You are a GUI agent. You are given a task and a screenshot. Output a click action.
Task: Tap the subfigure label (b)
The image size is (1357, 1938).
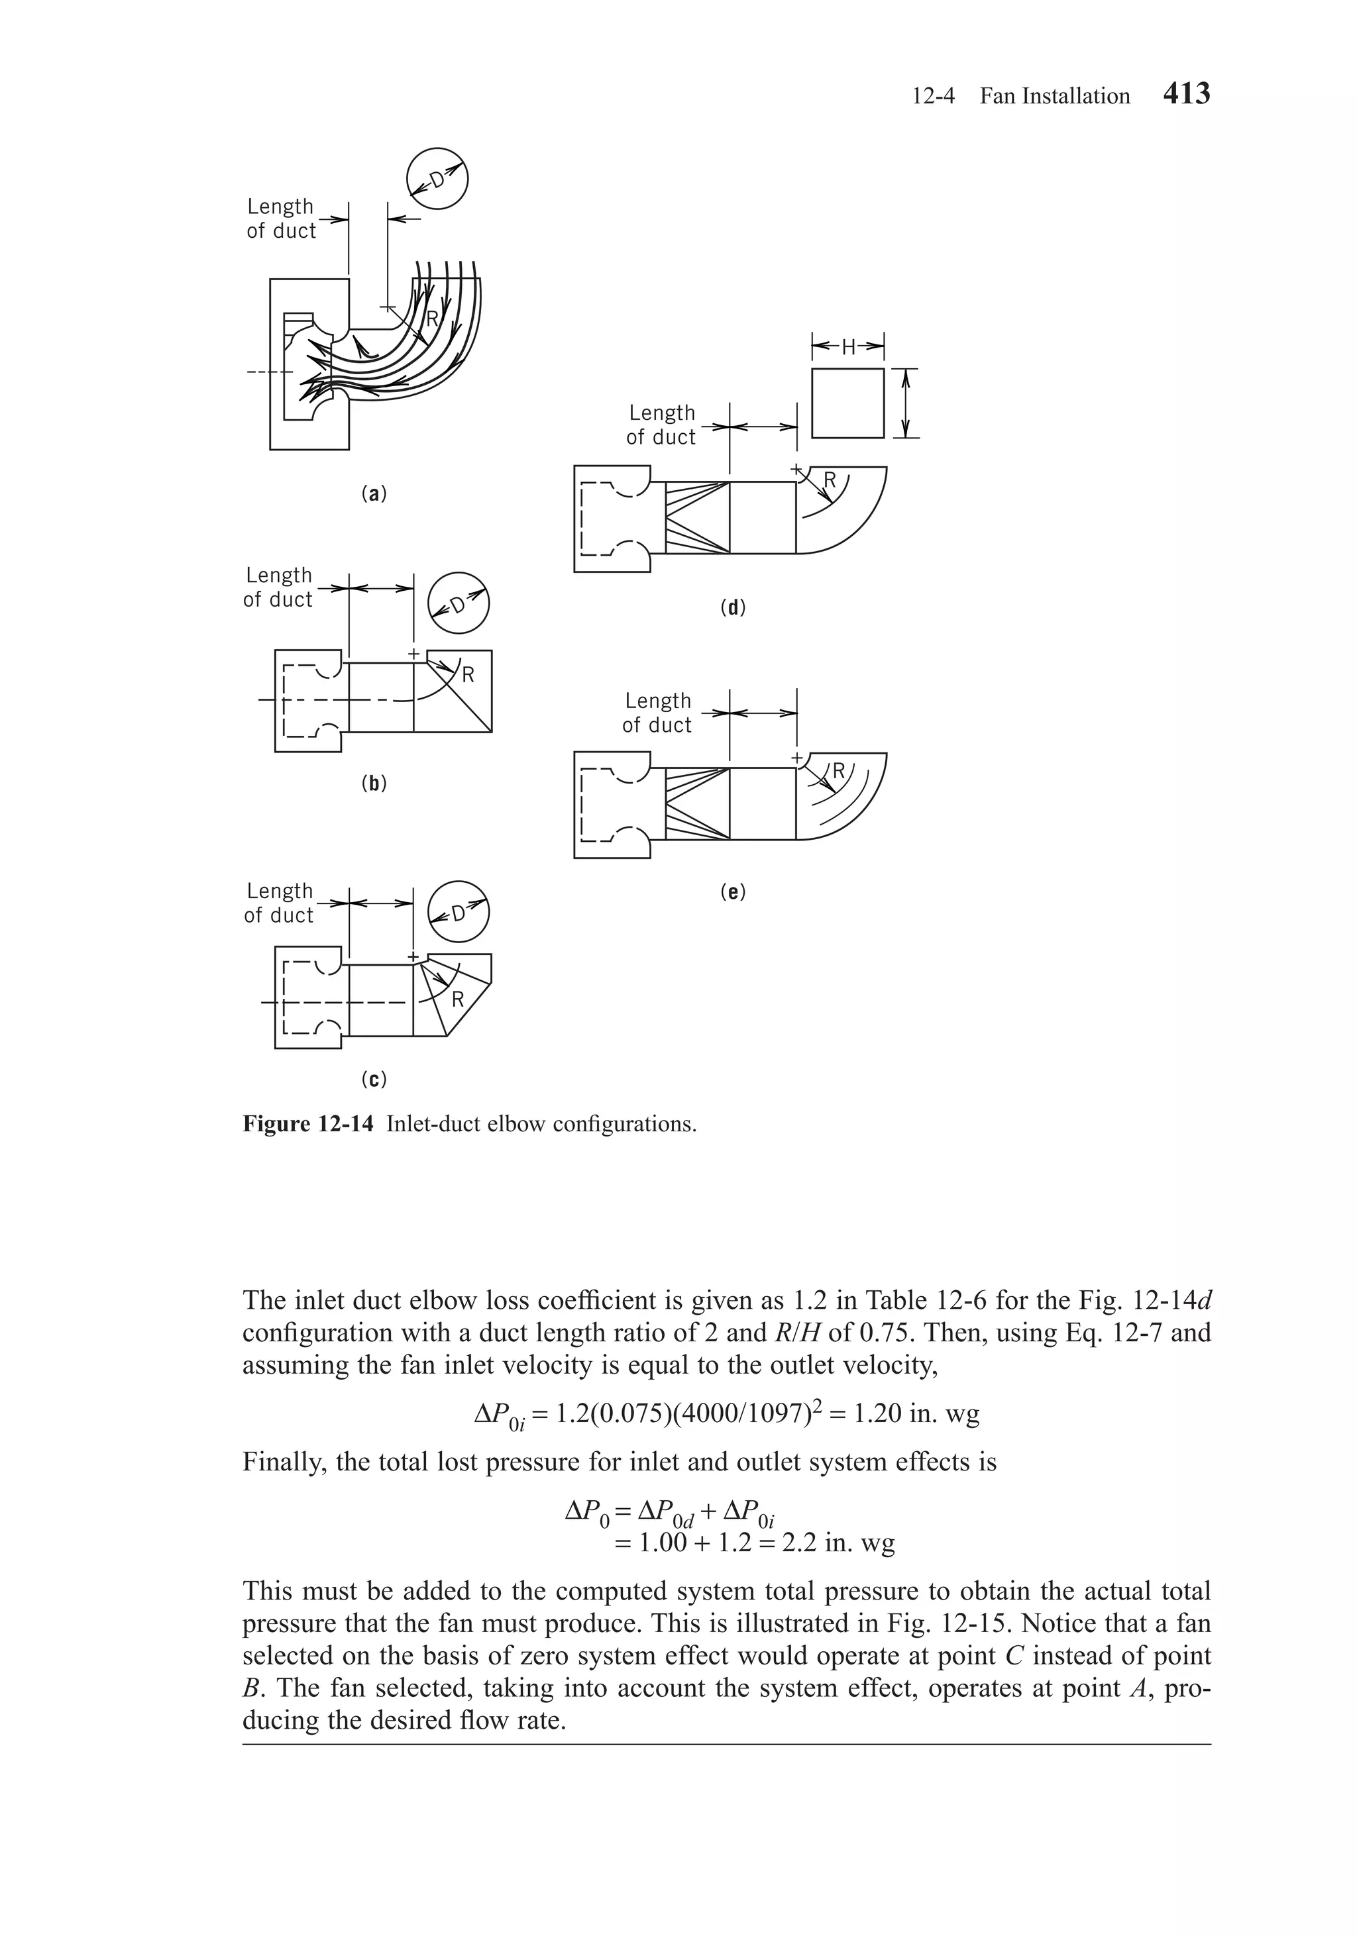point(373,784)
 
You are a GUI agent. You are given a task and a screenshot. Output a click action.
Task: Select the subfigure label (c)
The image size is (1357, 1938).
point(373,1080)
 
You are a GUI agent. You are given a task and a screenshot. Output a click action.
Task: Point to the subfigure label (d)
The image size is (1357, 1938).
point(732,607)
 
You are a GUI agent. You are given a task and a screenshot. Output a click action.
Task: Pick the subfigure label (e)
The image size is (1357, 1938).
point(732,892)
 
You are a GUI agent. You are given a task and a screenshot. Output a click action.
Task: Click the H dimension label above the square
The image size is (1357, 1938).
point(848,345)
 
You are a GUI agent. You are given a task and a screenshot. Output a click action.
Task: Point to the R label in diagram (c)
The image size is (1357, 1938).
point(458,1000)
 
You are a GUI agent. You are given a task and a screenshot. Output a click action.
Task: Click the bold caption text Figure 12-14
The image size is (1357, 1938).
point(307,1124)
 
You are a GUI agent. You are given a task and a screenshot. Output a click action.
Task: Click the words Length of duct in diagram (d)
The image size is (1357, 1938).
point(661,425)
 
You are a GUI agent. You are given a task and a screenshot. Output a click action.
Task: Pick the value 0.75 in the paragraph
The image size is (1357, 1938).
point(887,1333)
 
